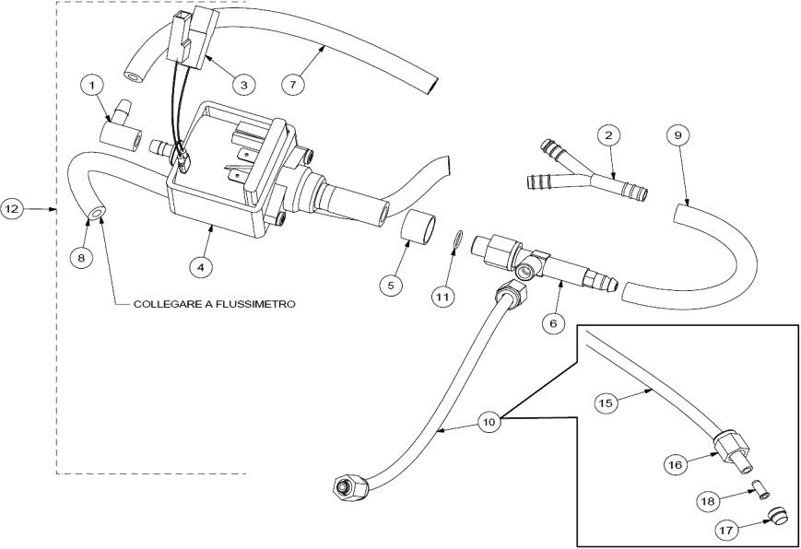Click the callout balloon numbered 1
[91, 86]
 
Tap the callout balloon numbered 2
[606, 134]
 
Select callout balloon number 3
[242, 85]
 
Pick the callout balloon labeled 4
[201, 267]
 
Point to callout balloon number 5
[390, 285]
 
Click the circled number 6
[553, 323]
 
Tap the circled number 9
[677, 134]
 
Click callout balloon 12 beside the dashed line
[13, 209]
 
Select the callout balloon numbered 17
[727, 530]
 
